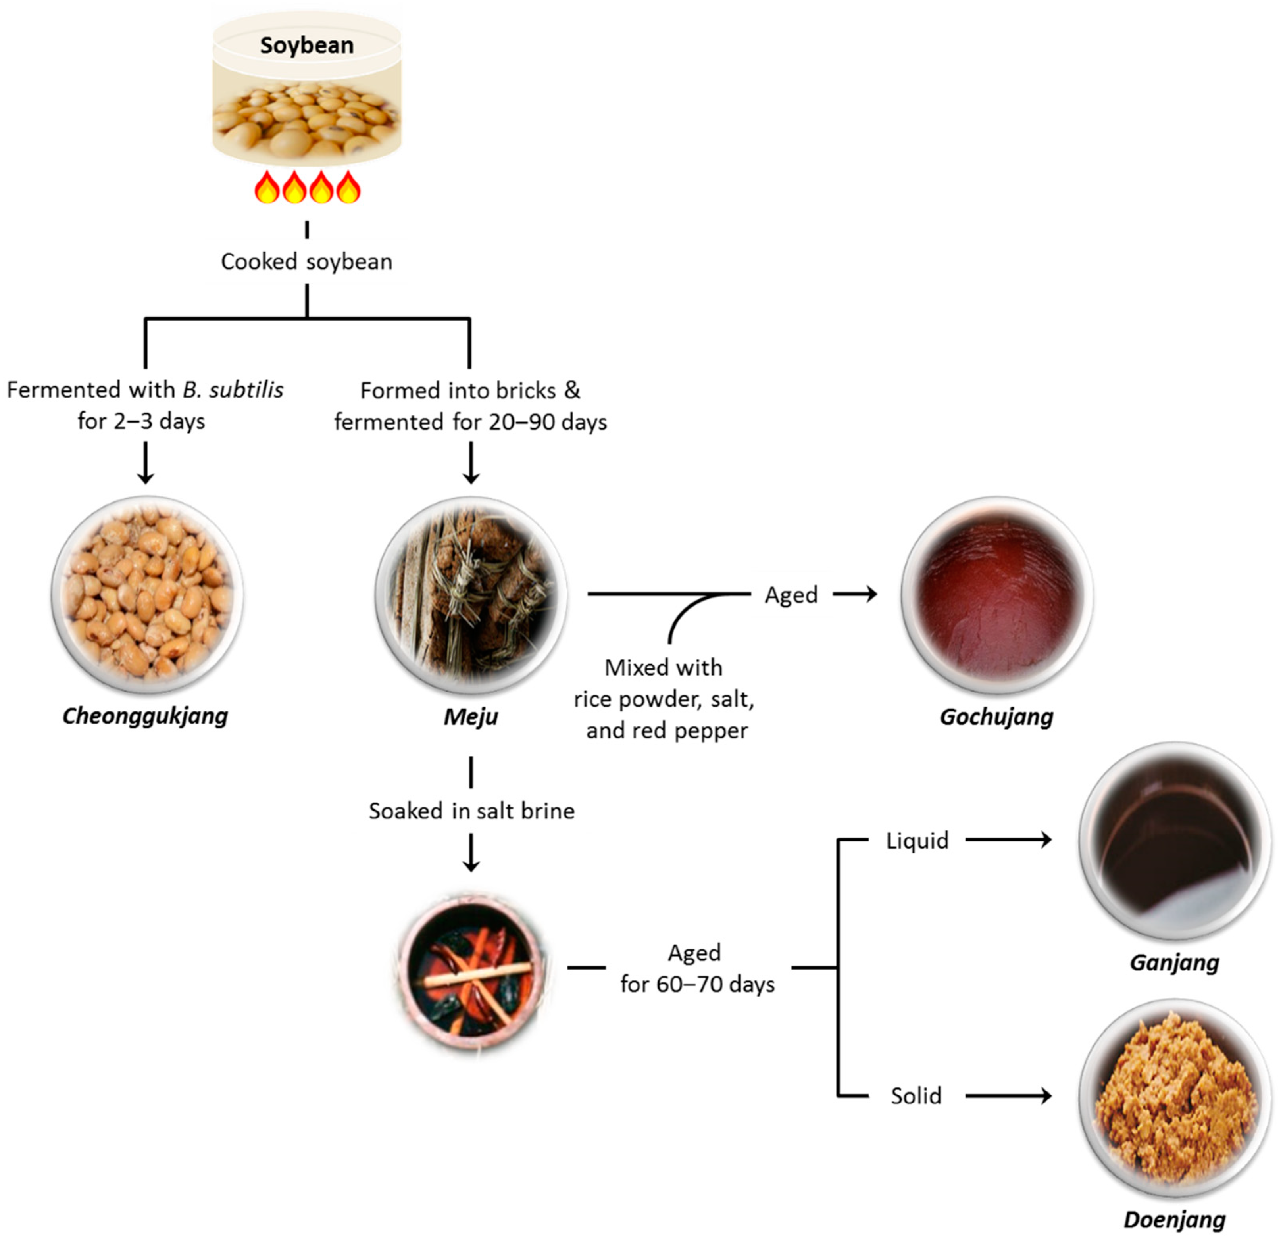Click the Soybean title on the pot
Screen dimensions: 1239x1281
[x=306, y=45]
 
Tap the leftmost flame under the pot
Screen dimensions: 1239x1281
[x=267, y=188]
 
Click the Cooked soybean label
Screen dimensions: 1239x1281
[x=306, y=261]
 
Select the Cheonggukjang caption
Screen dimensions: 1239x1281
[x=145, y=716]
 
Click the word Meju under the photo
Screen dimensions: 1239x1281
[x=471, y=717]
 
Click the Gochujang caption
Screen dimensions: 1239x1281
[x=996, y=717]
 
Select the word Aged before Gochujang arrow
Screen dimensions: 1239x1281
[x=791, y=595]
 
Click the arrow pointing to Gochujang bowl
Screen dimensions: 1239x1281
[x=855, y=594]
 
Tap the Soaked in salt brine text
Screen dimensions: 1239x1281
[x=471, y=811]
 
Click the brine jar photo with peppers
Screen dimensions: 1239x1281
[x=471, y=967]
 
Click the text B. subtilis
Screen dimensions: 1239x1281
[x=233, y=390]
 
